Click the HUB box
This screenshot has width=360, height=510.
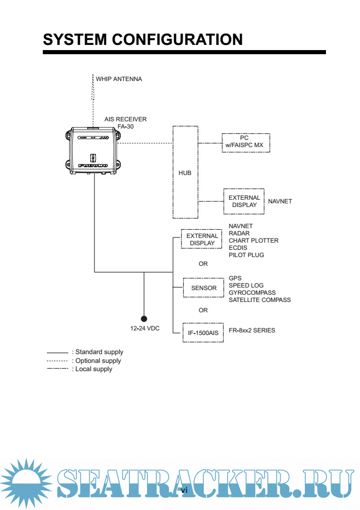tap(185, 173)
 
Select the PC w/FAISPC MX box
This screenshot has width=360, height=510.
tap(244, 142)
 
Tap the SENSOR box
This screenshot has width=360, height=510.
tap(204, 288)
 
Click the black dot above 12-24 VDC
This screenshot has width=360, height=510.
tap(144, 319)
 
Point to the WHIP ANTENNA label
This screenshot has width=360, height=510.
tap(119, 79)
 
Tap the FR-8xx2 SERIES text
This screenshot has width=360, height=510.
tap(252, 330)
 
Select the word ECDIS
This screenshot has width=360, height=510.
tap(238, 248)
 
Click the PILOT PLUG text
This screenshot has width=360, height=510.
tap(246, 255)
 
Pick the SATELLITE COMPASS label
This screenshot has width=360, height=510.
tap(259, 300)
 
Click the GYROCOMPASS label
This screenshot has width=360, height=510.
tap(252, 293)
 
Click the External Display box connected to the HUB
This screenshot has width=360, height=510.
tap(244, 201)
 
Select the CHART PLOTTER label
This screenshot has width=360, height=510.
tap(253, 241)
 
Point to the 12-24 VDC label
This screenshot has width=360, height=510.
tap(145, 328)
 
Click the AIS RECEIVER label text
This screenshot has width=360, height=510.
tap(125, 119)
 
